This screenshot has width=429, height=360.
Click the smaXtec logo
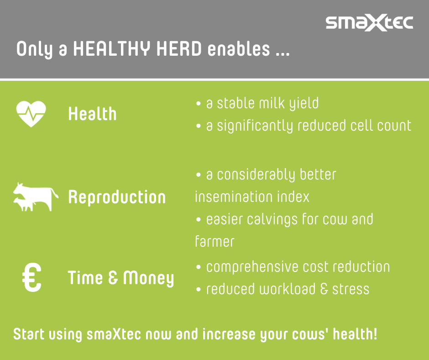[x=369, y=22]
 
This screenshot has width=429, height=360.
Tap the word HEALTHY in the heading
[x=112, y=49]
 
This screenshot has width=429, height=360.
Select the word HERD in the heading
[x=179, y=49]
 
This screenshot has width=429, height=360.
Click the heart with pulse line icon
[x=31, y=114]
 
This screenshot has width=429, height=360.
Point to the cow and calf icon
[x=36, y=197]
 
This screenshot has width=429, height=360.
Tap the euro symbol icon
[x=32, y=277]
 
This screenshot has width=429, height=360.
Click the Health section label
[x=93, y=114]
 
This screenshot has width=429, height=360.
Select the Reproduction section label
[x=117, y=197]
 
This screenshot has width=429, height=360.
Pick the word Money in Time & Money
[x=149, y=278]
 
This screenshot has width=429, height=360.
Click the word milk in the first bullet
[x=272, y=103]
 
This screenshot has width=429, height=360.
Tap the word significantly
[x=255, y=126]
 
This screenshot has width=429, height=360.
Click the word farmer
[x=214, y=242]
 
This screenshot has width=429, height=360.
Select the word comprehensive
[x=252, y=267]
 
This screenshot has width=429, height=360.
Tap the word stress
[x=351, y=289]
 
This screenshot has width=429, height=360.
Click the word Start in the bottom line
[x=29, y=334]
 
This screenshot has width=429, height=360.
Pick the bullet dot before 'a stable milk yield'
[x=199, y=104]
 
